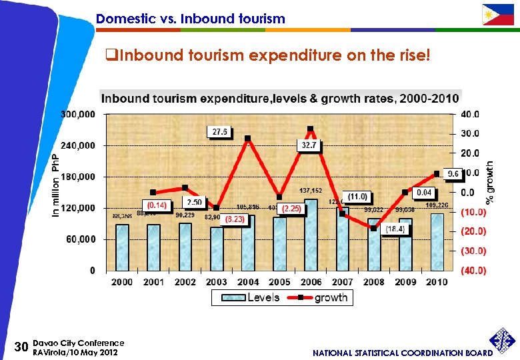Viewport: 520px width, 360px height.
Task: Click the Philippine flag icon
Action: pos(498,14)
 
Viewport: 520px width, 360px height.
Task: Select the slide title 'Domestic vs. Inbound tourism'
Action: pos(190,19)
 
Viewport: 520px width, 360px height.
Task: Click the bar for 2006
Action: pos(311,235)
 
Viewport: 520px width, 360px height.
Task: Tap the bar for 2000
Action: pos(122,247)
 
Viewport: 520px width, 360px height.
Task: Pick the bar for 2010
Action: pos(437,242)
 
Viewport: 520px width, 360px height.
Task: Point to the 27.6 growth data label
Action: pos(220,132)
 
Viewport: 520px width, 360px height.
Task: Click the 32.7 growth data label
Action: pos(309,144)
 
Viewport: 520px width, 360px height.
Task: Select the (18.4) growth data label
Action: pos(395,229)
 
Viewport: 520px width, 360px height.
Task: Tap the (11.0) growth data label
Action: pos(357,197)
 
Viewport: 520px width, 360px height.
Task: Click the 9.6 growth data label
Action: pos(453,174)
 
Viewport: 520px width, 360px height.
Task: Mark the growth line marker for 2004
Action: pos(247,139)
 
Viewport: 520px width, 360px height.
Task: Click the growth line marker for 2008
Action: pos(374,229)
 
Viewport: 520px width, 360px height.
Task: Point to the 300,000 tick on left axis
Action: pos(77,114)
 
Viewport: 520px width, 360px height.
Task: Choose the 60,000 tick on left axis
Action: pos(80,239)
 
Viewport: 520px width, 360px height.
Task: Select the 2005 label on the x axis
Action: pos(279,282)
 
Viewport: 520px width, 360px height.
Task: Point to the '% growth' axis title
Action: pos(490,181)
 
